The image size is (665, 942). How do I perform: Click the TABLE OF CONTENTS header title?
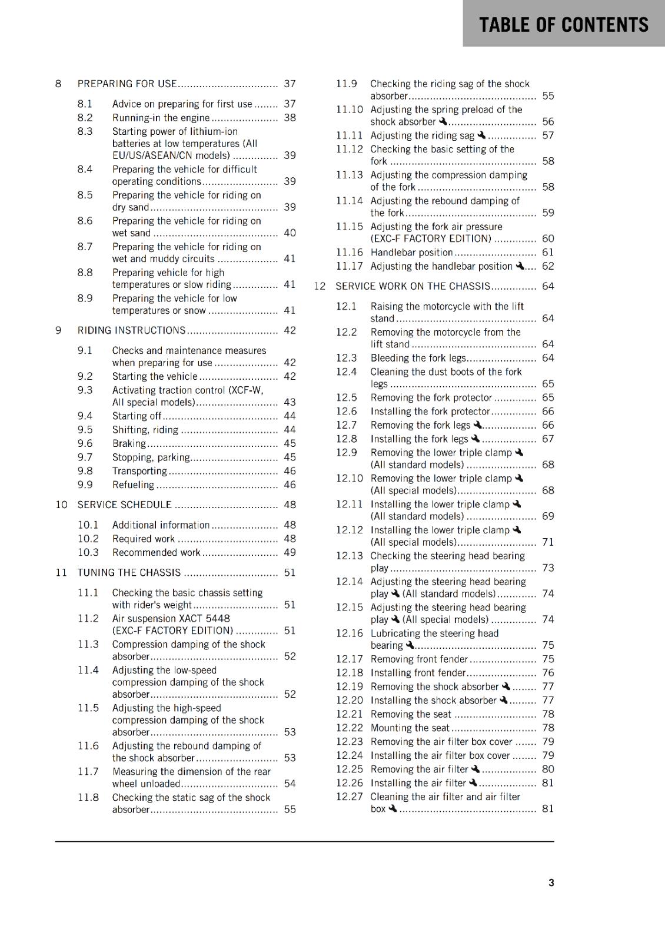pos(563,25)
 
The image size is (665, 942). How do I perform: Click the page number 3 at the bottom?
pos(551,883)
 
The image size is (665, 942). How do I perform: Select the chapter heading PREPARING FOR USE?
pos(127,84)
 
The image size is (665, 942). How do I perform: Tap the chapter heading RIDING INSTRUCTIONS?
pos(131,330)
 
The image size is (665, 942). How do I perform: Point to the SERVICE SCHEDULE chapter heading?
pos(124,505)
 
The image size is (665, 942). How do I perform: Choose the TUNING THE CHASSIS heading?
pos(129,572)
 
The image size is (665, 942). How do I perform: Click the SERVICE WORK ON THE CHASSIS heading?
pos(413,286)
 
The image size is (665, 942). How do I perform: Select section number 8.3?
pos(85,131)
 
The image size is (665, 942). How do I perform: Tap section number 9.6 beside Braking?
pos(85,443)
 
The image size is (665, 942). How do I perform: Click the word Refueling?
pos(133,485)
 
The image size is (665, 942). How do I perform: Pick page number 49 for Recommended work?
pos(290,552)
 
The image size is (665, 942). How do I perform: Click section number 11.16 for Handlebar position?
pos(349,252)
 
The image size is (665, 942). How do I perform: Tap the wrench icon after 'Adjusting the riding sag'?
pos(481,135)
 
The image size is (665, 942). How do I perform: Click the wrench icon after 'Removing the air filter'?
pos(476,769)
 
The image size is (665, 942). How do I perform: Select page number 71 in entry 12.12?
pos(548,542)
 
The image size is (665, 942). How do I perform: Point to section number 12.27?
pos(349,797)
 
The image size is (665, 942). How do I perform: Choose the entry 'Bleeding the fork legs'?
pos(418,358)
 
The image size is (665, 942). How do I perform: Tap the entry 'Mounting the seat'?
pos(410,728)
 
